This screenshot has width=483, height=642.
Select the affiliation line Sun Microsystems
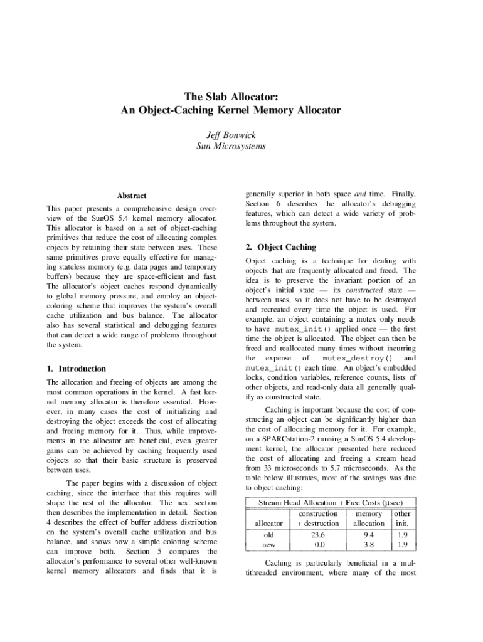(x=231, y=146)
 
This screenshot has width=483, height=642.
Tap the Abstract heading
(x=132, y=196)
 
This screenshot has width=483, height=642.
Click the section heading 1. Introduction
(x=77, y=369)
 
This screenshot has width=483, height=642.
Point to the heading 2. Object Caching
(x=281, y=247)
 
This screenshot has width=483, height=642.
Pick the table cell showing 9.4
(x=369, y=535)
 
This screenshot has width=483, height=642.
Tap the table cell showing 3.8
(x=369, y=545)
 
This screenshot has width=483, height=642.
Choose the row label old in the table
(x=268, y=535)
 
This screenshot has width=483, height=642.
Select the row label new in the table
(x=268, y=545)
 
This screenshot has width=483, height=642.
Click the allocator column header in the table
(x=268, y=523)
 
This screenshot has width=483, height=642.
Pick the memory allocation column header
(x=369, y=518)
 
